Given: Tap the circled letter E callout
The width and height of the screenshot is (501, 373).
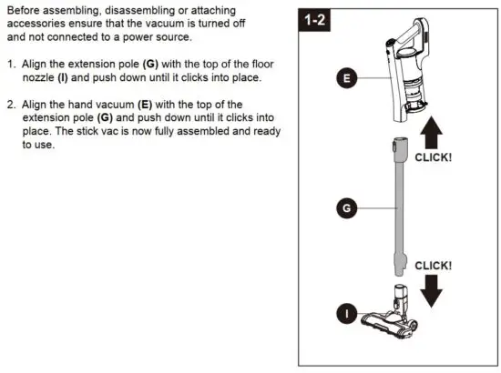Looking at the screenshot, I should tap(345, 79).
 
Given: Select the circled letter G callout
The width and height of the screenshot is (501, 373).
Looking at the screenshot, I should tap(345, 208).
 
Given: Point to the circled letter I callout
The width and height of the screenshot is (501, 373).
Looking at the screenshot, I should tap(345, 314).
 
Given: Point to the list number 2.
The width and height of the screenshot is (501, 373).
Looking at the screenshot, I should tap(12, 104).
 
